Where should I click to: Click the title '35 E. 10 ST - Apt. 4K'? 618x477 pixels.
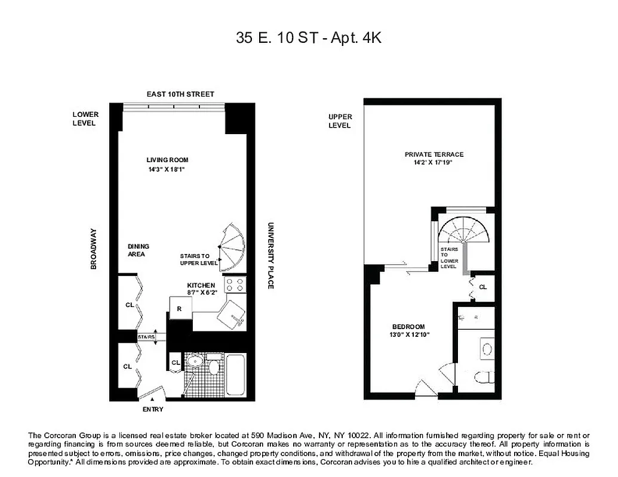click(309, 38)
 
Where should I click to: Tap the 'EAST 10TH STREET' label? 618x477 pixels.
click(180, 94)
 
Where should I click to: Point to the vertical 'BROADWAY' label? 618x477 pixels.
click(94, 249)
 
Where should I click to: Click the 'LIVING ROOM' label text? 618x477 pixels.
click(168, 160)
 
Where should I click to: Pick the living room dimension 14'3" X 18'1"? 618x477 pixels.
click(168, 169)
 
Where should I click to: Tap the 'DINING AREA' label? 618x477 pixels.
click(139, 250)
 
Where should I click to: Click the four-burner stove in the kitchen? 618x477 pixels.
click(235, 284)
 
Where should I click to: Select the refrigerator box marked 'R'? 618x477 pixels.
click(180, 308)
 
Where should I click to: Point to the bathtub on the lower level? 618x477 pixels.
click(235, 376)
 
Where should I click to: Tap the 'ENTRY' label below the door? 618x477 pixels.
click(153, 410)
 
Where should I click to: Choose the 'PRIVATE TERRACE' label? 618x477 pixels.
click(433, 154)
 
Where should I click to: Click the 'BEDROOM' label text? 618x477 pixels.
click(408, 326)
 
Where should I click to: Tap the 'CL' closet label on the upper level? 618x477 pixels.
click(483, 287)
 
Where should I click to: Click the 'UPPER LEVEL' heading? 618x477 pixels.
click(340, 121)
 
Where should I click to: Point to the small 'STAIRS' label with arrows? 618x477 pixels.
click(146, 337)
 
